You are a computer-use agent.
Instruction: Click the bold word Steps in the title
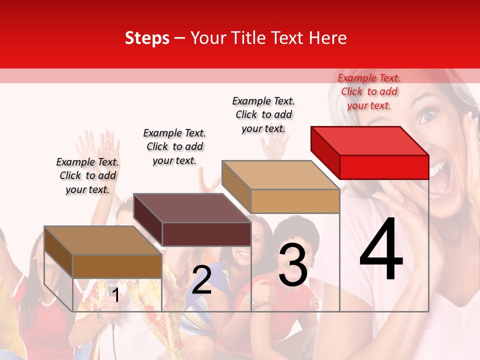[147, 38]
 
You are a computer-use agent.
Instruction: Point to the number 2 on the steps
[201, 279]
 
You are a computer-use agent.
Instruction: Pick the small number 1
[115, 295]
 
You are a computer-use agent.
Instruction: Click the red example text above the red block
[369, 91]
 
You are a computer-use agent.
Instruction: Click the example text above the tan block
[263, 114]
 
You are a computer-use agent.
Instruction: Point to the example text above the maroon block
[174, 146]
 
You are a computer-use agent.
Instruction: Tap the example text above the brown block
[87, 175]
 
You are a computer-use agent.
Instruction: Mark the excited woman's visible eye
[426, 117]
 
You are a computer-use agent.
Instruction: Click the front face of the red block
[384, 167]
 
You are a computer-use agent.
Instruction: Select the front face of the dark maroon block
[206, 234]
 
